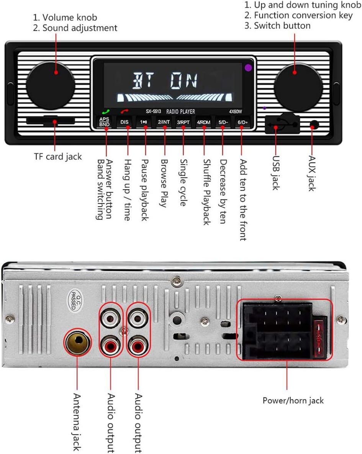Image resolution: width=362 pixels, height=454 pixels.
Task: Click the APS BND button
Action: click(x=104, y=122)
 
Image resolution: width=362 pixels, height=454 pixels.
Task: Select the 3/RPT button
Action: click(x=183, y=122)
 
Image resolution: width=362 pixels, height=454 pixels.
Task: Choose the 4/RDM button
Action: click(x=203, y=122)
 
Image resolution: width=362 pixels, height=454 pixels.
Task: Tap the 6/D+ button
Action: click(x=242, y=122)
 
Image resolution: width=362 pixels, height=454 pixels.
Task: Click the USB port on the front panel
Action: click(x=282, y=125)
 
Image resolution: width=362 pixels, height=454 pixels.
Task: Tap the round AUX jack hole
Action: click(x=314, y=125)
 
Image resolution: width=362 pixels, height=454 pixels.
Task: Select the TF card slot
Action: click(x=51, y=121)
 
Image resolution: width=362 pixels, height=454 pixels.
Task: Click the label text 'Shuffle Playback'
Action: click(x=207, y=192)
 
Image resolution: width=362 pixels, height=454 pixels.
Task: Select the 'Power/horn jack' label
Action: click(x=293, y=401)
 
